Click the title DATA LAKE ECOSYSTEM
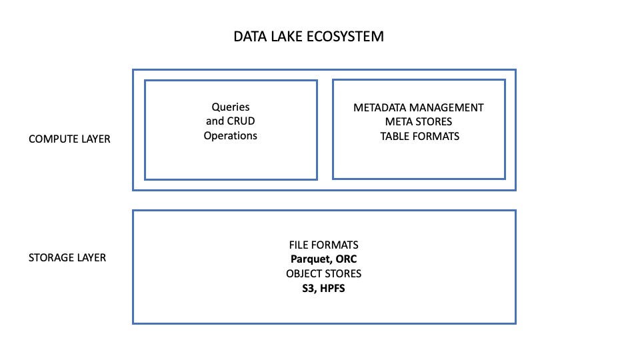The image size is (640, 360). pos(308,37)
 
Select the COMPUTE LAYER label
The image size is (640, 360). pos(69,139)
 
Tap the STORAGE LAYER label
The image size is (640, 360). pos(67,257)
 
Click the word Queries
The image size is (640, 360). pos(230,107)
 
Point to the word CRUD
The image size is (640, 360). pos(241,121)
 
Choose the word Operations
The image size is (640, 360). pos(230,136)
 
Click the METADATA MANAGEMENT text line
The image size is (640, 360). pos(419,107)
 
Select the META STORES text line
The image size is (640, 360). pos(419,121)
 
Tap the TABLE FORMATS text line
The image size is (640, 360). pos(419,136)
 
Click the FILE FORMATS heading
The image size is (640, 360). pos(323,245)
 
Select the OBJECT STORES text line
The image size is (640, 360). pos(324,274)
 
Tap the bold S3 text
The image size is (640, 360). pos(309,289)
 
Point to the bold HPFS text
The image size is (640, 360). pos(333,289)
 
